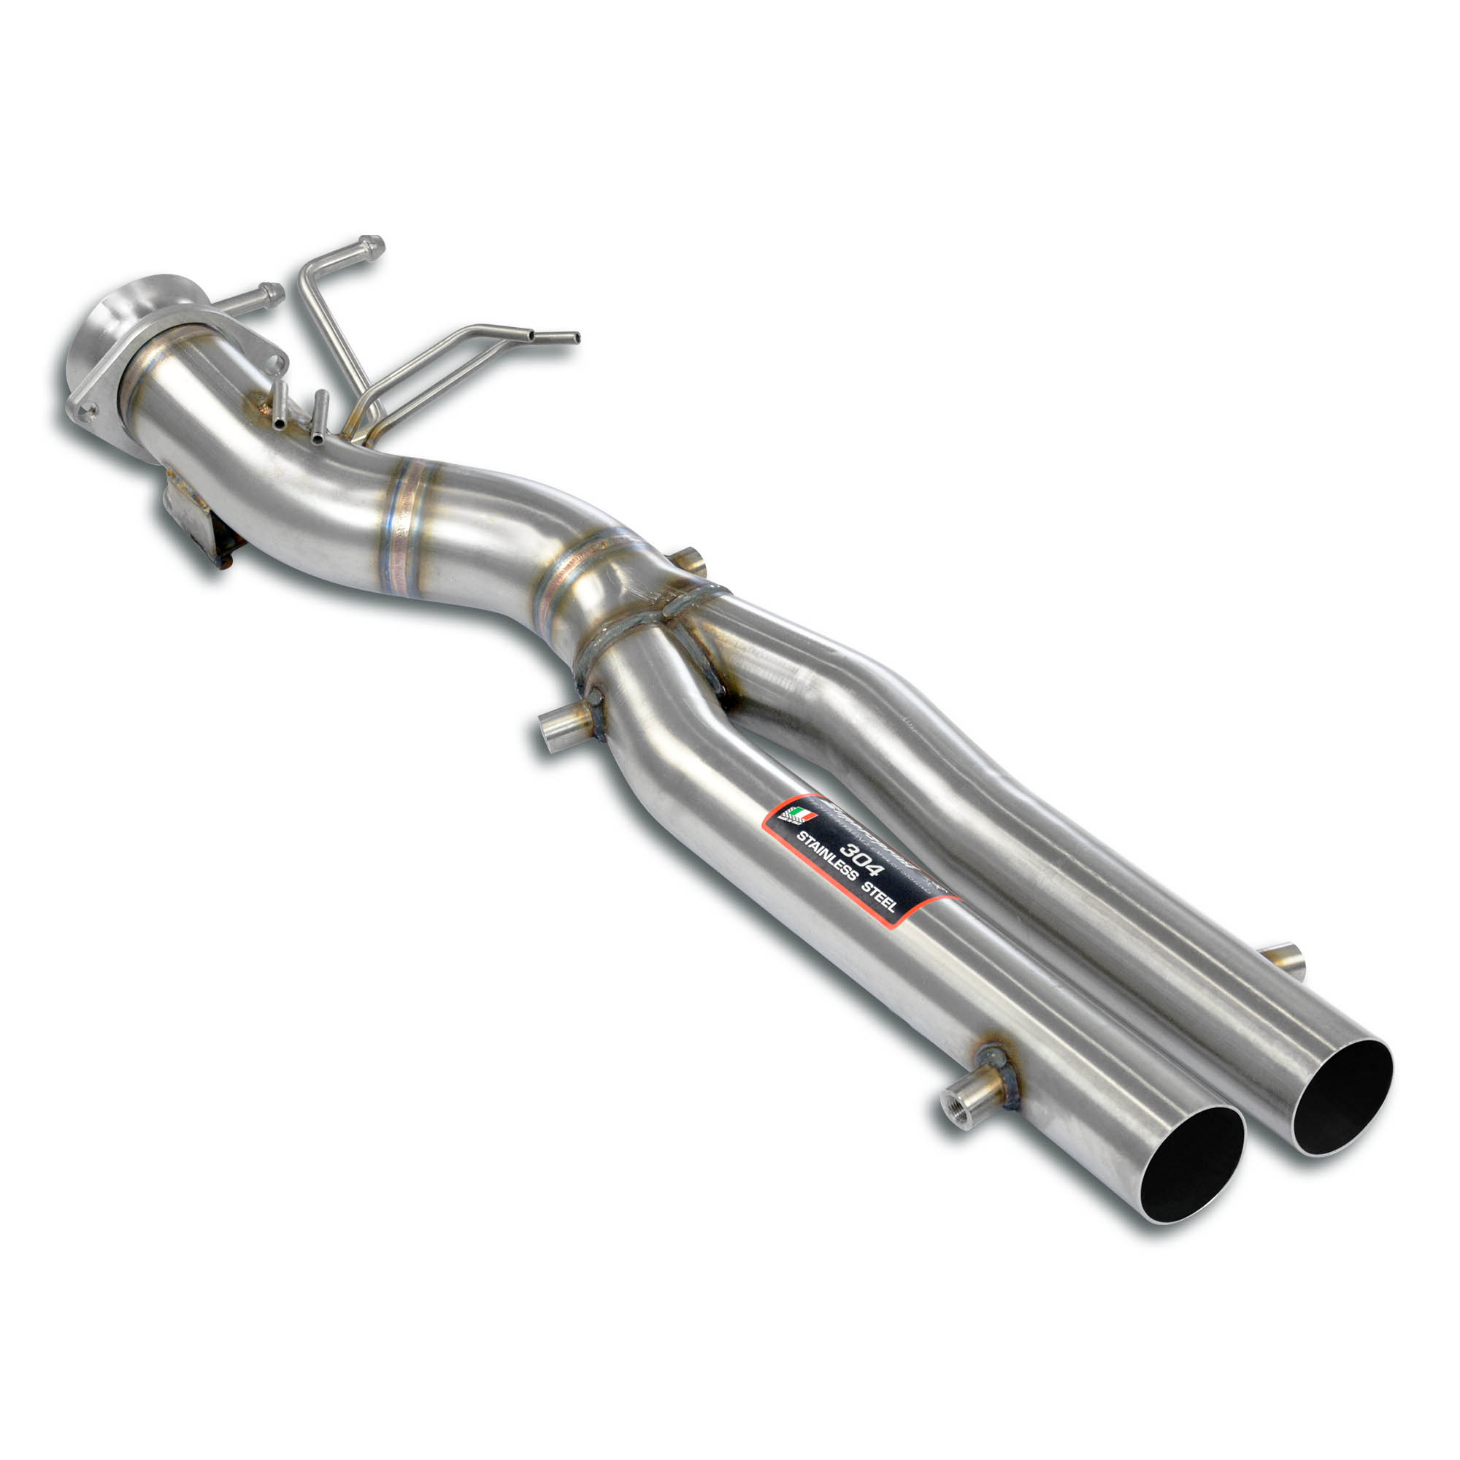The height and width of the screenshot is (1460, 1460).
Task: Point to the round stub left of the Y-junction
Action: (558, 729)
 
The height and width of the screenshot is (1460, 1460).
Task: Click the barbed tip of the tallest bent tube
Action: (370, 245)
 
